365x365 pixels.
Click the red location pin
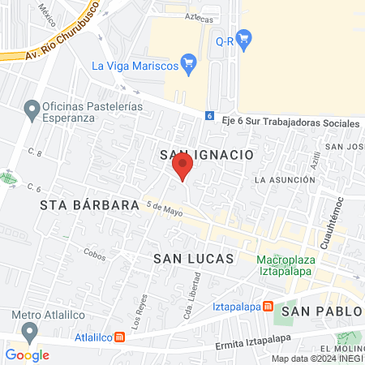tap(182, 166)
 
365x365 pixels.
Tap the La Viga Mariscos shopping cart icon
tap(189, 62)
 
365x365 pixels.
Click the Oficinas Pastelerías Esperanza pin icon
tap(32, 108)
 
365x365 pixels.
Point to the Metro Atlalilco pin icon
tap(30, 332)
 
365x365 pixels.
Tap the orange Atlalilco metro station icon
tap(119, 337)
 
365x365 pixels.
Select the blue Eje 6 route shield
tap(209, 116)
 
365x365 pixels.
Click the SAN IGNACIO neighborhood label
tap(208, 154)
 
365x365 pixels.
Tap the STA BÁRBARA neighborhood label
tap(90, 205)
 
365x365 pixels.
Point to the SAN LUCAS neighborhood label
tap(193, 258)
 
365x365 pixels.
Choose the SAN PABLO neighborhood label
tap(320, 311)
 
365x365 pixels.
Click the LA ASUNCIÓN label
tap(283, 178)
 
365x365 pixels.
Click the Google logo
tap(27, 354)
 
